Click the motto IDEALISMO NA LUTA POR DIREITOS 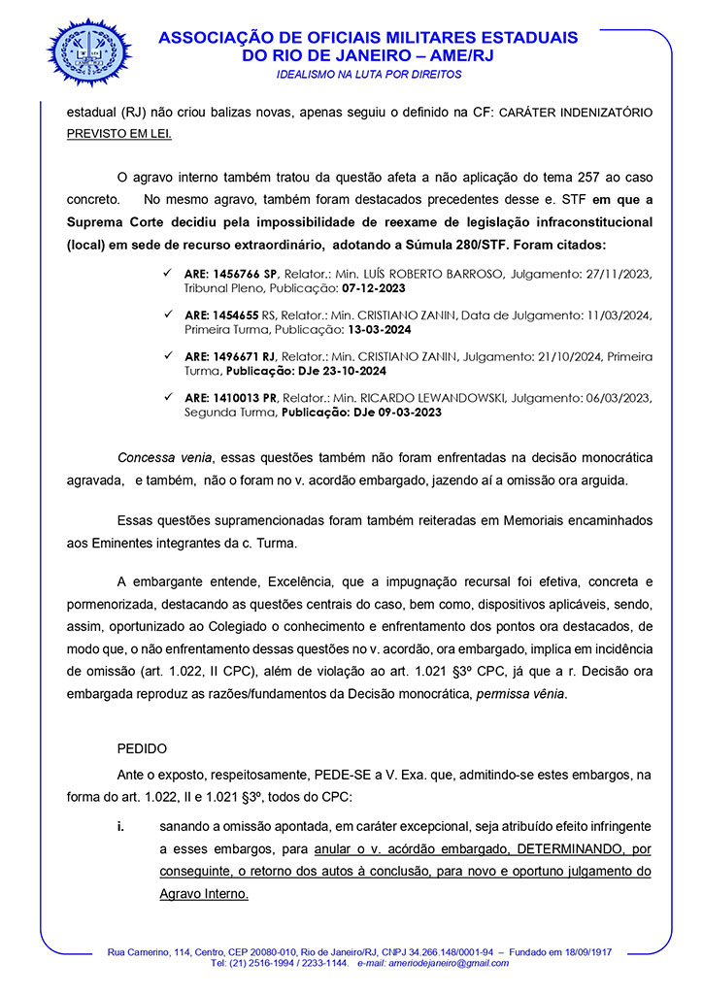[x=369, y=74]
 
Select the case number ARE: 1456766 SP [x=231, y=276]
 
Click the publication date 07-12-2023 [x=371, y=289]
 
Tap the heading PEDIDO [x=142, y=749]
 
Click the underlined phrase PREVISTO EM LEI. [x=118, y=134]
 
